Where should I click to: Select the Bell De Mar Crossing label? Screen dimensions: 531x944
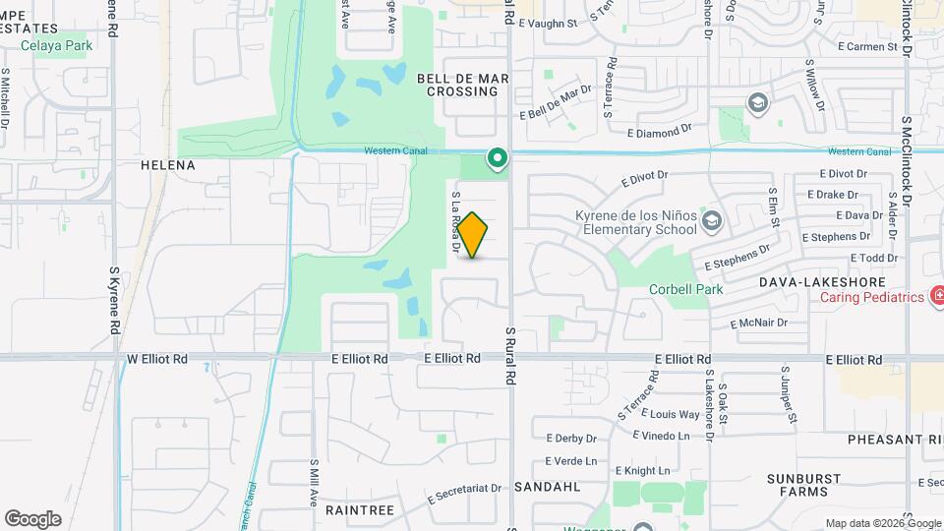coord(457,84)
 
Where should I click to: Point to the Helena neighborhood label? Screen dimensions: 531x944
coord(168,165)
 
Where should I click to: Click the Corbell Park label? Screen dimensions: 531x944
coord(685,289)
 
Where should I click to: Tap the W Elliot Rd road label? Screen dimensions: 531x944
coord(157,360)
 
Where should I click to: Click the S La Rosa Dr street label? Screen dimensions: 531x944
coord(456,223)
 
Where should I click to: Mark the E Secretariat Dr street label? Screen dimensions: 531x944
coord(466,492)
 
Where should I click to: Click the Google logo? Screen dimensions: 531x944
coord(32,518)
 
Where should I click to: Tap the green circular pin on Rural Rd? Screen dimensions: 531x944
coord(498,157)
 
